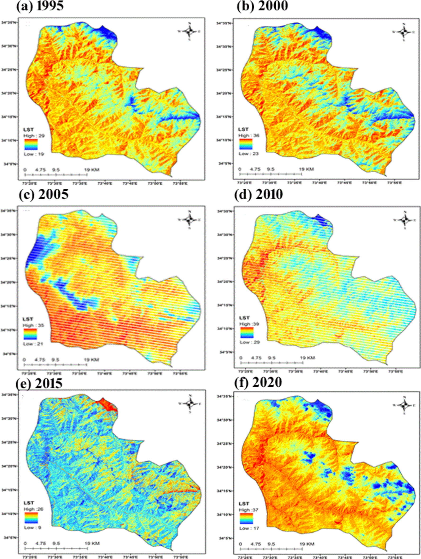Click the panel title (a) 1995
(x=40, y=6)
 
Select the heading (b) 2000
(x=262, y=6)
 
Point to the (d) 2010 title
(x=259, y=194)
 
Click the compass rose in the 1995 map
(x=189, y=31)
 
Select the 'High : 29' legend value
(x=34, y=136)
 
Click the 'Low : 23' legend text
(x=248, y=154)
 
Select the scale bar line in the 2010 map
(x=272, y=363)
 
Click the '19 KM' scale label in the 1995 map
(x=92, y=170)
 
